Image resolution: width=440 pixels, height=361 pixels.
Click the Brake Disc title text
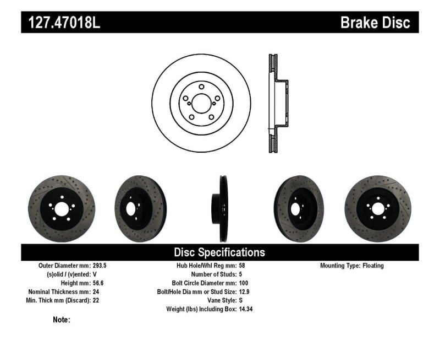click(375, 23)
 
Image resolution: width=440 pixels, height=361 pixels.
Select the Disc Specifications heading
click(219, 252)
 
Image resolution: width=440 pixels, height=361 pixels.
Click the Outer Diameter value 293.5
click(100, 265)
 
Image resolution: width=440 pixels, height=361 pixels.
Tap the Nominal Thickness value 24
click(96, 292)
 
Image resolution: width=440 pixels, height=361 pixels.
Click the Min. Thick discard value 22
click(96, 300)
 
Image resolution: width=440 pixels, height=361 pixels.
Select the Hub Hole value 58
click(242, 265)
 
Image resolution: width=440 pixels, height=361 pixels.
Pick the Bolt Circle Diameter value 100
click(244, 283)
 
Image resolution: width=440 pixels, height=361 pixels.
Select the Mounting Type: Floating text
click(352, 265)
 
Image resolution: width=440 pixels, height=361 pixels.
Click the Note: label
click(61, 320)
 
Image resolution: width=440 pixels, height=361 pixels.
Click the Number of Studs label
click(213, 274)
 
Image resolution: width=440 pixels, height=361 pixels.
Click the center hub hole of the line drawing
click(201, 101)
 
